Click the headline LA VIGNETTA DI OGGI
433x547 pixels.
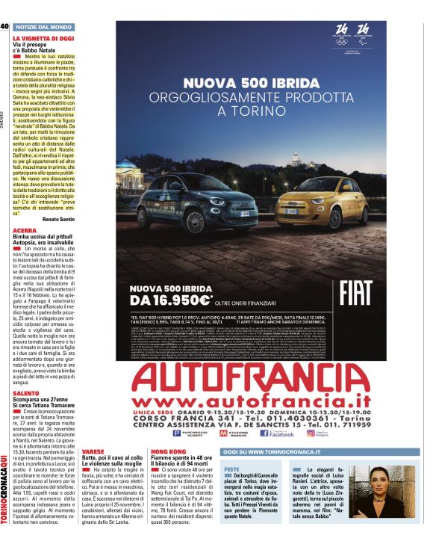click(x=43, y=37)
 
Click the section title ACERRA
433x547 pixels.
click(x=25, y=231)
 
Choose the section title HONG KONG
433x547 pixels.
click(x=168, y=453)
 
